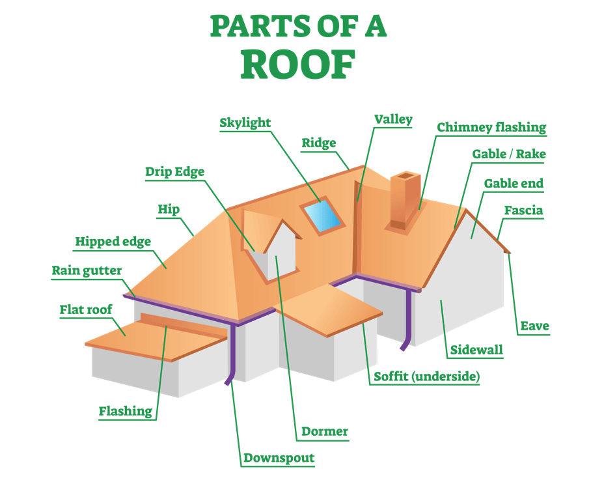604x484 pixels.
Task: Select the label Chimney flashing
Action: coord(491,128)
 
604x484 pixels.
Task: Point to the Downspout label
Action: coord(279,458)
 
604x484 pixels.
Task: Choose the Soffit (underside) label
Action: coord(426,377)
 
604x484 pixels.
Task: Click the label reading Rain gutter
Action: coord(87,271)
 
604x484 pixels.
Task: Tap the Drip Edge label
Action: coord(174,172)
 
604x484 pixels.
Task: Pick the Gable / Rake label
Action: coord(508,154)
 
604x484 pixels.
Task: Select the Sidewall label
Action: coord(476,350)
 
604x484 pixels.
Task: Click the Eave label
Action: coord(534,326)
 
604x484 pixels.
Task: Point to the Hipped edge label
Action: coord(113,242)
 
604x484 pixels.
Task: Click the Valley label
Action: coord(393,119)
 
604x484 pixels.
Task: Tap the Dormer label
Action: coord(325,431)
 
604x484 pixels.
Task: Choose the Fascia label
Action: coord(523,210)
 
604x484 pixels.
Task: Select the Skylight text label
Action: coord(245,122)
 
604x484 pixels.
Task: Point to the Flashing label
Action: coord(125,411)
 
